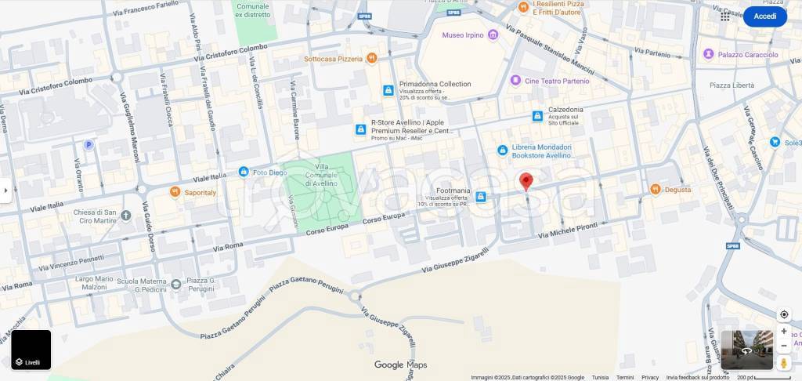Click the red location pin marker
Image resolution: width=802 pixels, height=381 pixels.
(x=526, y=181)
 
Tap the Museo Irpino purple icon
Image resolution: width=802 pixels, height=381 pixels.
(x=492, y=35)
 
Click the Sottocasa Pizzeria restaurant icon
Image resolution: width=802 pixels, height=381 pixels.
(x=372, y=58)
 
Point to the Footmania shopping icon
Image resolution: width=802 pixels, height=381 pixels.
(x=481, y=196)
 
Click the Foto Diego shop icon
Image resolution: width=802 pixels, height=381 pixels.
(x=244, y=172)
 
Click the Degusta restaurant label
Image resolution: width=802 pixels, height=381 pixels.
(x=677, y=190)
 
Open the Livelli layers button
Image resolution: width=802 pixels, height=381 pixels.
(x=31, y=350)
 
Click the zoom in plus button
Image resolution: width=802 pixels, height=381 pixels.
(x=784, y=331)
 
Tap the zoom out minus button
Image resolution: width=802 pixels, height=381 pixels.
(x=784, y=346)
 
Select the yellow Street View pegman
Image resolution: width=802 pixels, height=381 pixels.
(x=784, y=363)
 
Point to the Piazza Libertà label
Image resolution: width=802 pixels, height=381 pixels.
(x=732, y=85)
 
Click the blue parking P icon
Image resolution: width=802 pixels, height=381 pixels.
(x=89, y=144)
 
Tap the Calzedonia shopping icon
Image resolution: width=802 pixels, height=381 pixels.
(x=537, y=116)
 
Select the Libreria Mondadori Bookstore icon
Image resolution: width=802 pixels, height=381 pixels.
(x=502, y=151)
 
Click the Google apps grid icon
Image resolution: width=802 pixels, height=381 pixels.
(x=725, y=16)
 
